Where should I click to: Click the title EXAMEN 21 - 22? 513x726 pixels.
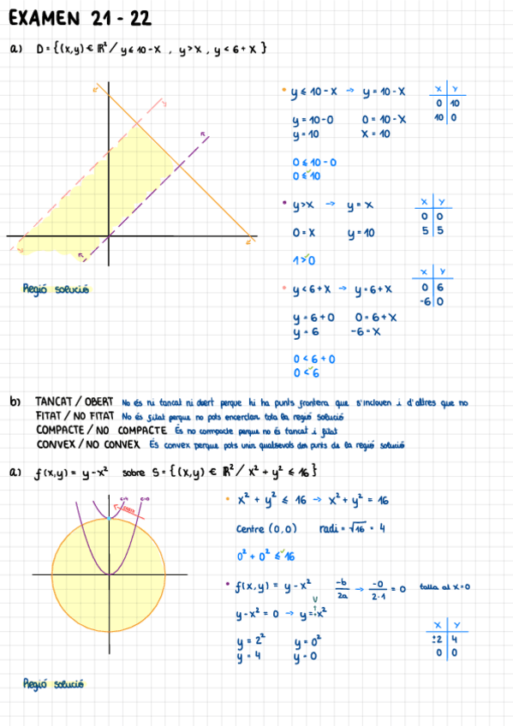point(84,19)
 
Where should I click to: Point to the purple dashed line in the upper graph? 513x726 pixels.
point(154,197)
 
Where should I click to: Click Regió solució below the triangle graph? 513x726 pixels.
point(55,289)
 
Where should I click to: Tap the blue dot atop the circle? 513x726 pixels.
point(109,519)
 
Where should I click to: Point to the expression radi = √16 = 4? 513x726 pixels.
point(351,528)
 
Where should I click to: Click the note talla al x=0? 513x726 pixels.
point(444,587)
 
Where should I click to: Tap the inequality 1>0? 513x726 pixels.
point(304,260)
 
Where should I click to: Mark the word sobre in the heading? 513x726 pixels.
point(134,471)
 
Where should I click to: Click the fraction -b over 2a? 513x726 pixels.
point(343,588)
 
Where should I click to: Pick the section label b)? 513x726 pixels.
point(15,402)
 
